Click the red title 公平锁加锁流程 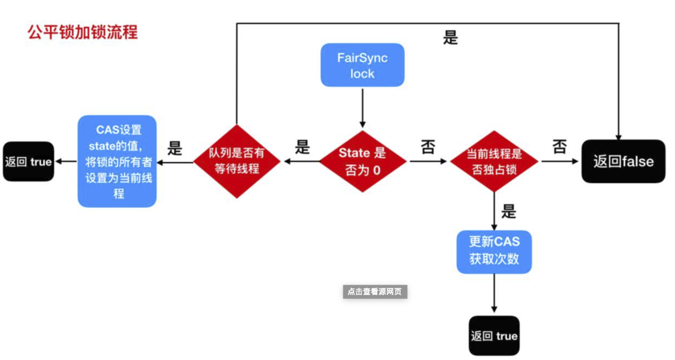[x=83, y=32]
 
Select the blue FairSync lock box [x=362, y=65]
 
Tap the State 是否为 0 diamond [x=362, y=161]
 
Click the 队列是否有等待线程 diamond [x=236, y=161]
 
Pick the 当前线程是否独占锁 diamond [x=494, y=161]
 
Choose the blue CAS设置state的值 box [x=118, y=161]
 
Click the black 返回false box [x=623, y=161]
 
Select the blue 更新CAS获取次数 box [x=494, y=251]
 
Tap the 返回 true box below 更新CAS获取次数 [x=494, y=336]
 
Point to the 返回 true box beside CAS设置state [x=28, y=161]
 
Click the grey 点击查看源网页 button [x=375, y=291]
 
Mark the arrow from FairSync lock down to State [x=362, y=108]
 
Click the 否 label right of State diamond [x=428, y=147]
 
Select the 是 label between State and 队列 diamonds [x=302, y=147]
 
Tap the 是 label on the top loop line [x=450, y=37]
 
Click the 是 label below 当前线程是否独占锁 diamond [x=508, y=211]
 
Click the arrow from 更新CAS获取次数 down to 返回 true [x=494, y=294]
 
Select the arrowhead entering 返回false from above [x=618, y=136]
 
